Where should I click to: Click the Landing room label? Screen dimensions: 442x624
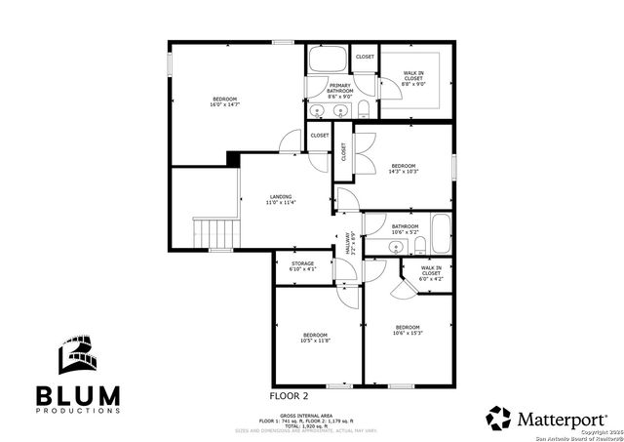pos(281,199)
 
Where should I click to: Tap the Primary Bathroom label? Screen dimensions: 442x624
pos(339,91)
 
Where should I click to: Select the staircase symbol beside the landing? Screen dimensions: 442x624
pos(216,233)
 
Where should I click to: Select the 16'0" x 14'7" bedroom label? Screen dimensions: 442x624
pos(225,100)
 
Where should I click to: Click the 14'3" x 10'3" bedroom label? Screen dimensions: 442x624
pos(404,168)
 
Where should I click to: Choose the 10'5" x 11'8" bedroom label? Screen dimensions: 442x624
pos(316,337)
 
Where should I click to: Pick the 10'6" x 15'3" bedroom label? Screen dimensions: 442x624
pos(408,330)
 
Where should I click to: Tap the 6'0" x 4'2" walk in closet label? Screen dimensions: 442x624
pos(431,273)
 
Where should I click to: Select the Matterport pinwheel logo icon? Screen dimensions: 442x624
pos(498,418)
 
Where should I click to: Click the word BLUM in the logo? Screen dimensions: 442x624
pos(78,395)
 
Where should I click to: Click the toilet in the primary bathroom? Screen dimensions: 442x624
pos(364,108)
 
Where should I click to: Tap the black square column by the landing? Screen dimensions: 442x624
pos(232,158)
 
